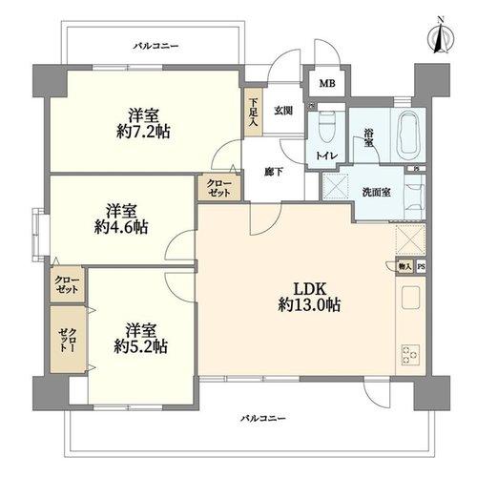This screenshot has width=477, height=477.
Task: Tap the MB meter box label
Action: [327, 84]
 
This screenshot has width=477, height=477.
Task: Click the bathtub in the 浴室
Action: [410, 135]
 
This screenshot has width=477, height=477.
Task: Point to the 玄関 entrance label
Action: [283, 111]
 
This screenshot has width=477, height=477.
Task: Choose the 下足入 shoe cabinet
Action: [254, 112]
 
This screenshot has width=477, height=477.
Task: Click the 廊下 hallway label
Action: [274, 172]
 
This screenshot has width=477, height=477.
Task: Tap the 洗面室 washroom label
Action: [377, 192]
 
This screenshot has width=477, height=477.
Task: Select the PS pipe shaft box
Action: [421, 266]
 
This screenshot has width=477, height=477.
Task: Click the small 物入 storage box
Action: [404, 266]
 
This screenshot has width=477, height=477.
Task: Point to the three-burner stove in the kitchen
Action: [410, 354]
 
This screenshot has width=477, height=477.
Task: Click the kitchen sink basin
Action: [410, 298]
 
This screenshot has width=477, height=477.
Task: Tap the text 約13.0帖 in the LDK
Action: [309, 305]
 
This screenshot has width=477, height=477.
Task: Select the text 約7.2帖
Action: [143, 132]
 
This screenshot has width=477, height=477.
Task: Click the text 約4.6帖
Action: [121, 227]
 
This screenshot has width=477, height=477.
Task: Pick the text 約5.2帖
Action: [141, 346]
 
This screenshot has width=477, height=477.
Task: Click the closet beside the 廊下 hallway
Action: [219, 187]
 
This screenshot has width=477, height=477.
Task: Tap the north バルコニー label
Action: [156, 47]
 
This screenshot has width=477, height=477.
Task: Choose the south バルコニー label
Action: [262, 418]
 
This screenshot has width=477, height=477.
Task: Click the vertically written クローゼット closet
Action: [68, 340]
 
